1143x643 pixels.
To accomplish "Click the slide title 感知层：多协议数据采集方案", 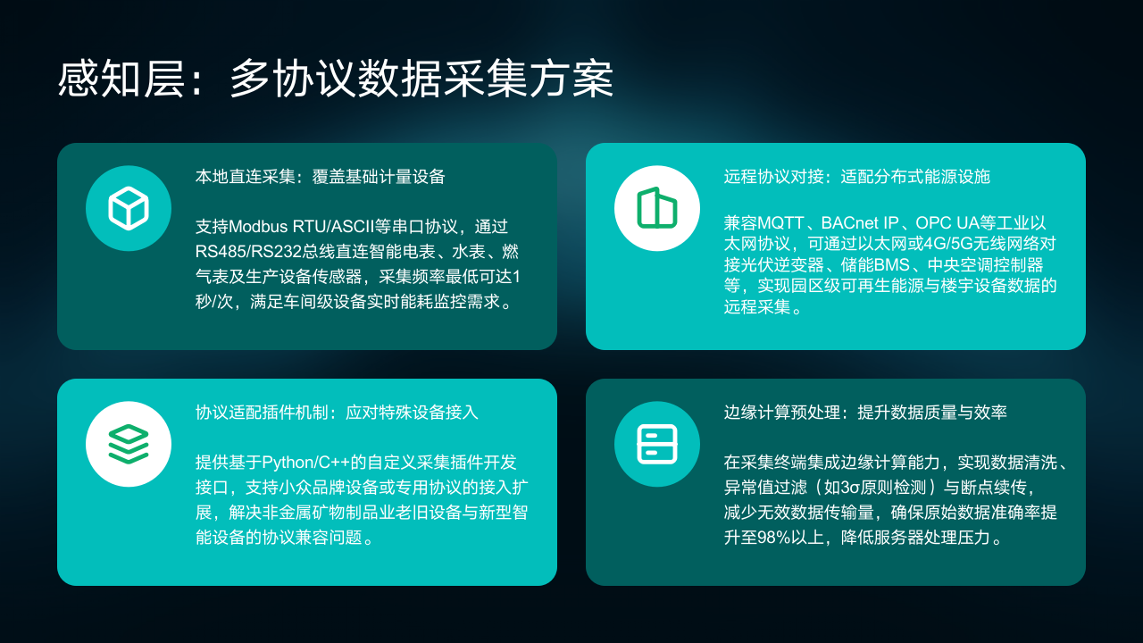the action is point(335,79).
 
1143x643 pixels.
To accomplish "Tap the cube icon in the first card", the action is point(129,208).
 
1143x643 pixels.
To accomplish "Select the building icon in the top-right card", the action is point(657,208).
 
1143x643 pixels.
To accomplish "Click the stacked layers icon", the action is point(129,444).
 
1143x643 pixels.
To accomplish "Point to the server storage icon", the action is point(657,444).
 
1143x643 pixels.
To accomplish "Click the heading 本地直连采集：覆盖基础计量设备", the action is point(320,177).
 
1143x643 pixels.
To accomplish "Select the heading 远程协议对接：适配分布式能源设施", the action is point(856,177).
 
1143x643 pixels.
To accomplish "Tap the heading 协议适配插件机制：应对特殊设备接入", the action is point(337,413).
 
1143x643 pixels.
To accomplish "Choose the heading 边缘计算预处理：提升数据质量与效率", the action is point(865,413).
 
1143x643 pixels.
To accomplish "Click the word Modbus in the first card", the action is point(258,226).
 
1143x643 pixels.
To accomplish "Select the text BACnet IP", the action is point(860,223).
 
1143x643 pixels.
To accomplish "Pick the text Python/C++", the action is point(305,463).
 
